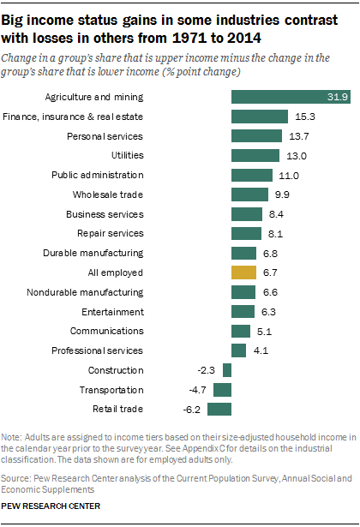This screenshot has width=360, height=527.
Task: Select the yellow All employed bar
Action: pyautogui.click(x=243, y=272)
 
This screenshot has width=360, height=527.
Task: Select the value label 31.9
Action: pyautogui.click(x=339, y=97)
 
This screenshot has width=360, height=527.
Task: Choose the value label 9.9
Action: pyautogui.click(x=282, y=195)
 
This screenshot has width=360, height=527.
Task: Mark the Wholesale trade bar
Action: pyautogui.click(x=249, y=195)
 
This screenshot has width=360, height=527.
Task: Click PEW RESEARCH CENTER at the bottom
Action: pyautogui.click(x=51, y=506)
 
